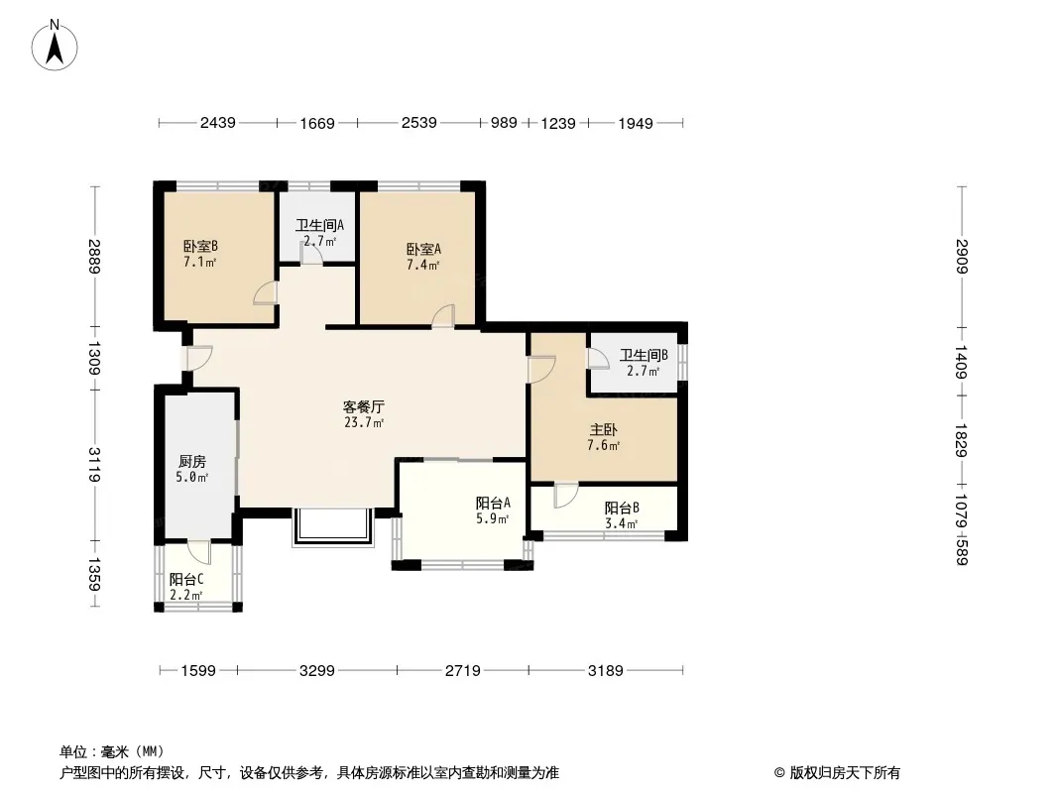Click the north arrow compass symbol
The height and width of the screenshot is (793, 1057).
click(55, 46)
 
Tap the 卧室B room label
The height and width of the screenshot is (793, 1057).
click(200, 247)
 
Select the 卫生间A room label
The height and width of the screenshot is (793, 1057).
click(319, 225)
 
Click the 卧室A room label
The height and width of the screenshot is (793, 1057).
click(423, 249)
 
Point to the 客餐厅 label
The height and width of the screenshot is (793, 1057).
click(363, 407)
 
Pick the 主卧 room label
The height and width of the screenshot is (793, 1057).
click(603, 430)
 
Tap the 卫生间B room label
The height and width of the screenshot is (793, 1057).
click(644, 355)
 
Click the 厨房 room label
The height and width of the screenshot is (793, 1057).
click(192, 462)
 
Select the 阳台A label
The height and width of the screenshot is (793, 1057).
click(493, 503)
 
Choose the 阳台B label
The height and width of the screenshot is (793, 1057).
click(622, 508)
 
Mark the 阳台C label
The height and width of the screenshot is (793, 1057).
click(186, 580)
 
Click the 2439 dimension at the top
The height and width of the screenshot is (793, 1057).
click(218, 123)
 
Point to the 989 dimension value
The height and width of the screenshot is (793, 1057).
click(504, 123)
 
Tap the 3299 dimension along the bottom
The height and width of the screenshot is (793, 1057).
click(317, 670)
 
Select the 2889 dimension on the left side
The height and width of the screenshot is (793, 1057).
click(93, 257)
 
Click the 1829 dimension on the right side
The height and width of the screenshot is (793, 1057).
click(961, 440)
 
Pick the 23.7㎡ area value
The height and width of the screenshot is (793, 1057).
click(364, 422)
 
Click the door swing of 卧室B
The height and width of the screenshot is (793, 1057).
click(266, 293)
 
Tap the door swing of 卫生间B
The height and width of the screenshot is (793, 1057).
click(598, 359)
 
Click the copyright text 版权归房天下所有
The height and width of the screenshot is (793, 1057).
click(845, 773)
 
